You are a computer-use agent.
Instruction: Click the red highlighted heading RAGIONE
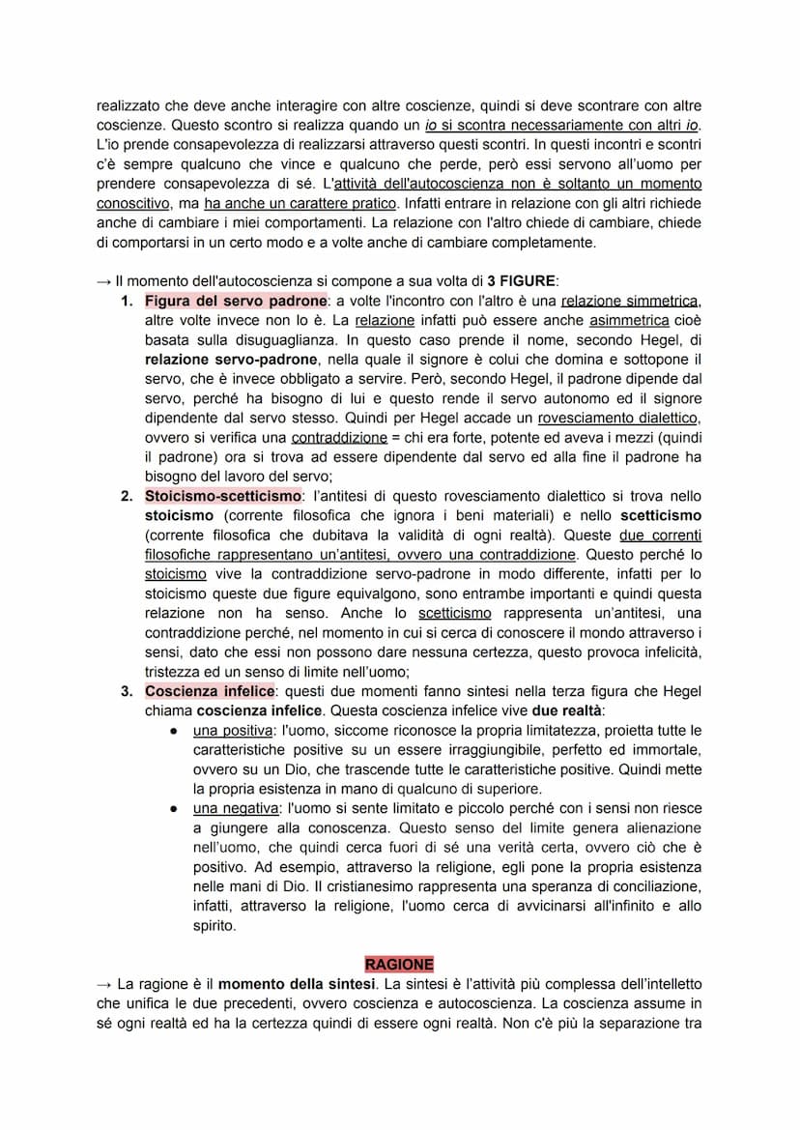click(x=399, y=965)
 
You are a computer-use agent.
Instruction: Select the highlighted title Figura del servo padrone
click(x=236, y=301)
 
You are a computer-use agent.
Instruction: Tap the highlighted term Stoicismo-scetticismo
click(x=223, y=496)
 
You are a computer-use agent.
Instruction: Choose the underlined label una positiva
click(x=233, y=730)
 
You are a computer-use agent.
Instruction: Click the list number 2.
click(x=126, y=496)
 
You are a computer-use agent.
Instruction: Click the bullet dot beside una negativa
click(x=172, y=808)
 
